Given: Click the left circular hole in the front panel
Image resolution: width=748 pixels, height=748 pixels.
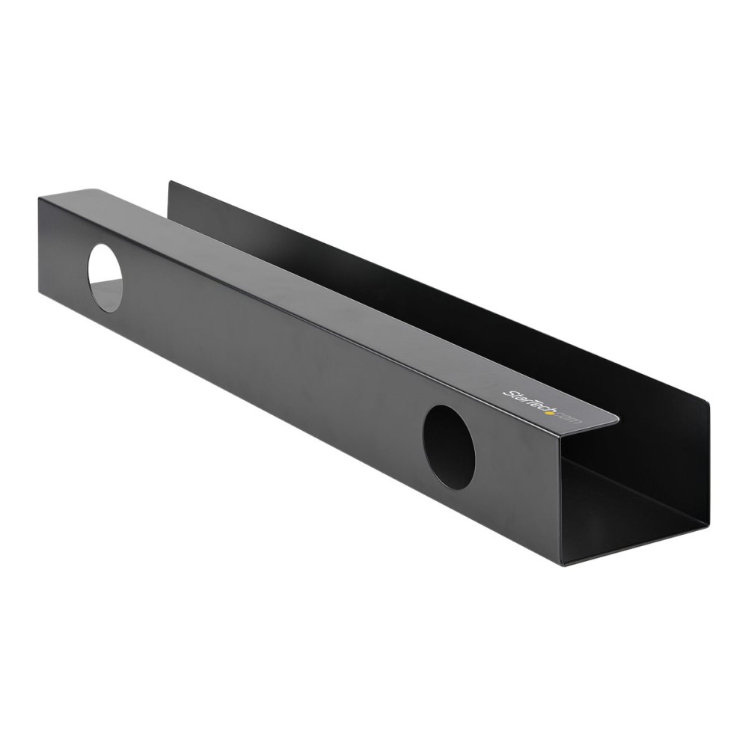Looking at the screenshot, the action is pyautogui.click(x=105, y=278).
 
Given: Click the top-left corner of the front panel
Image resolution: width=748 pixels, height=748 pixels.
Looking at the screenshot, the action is pyautogui.click(x=38, y=196).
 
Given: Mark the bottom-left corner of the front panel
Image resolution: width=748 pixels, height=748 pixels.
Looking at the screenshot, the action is pyautogui.click(x=38, y=292).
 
